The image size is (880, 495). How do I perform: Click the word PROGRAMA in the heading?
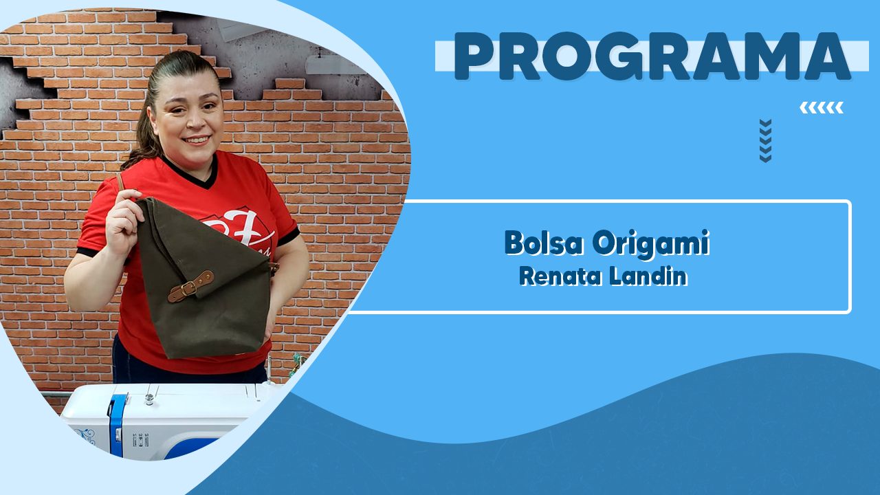tap(652, 56)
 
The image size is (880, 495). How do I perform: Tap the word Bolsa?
tap(543, 243)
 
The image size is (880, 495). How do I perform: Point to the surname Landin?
tap(648, 276)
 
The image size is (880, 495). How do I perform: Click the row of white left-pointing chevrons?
tap(822, 108)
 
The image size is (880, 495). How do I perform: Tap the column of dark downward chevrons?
tap(765, 141)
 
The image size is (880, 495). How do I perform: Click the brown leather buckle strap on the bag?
tap(191, 287)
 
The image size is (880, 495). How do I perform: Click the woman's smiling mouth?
tap(197, 140)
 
